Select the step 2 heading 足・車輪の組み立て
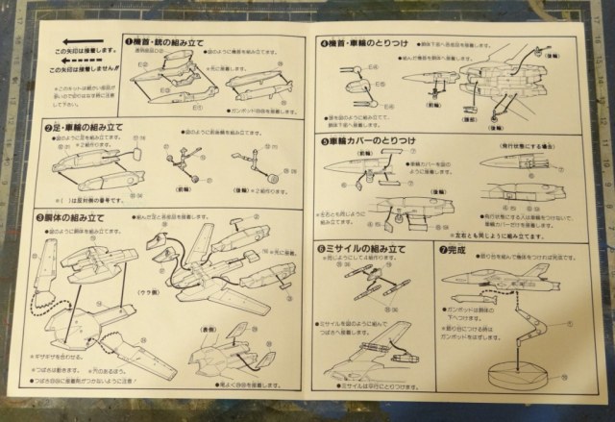pyautogui.click(x=82, y=127)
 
